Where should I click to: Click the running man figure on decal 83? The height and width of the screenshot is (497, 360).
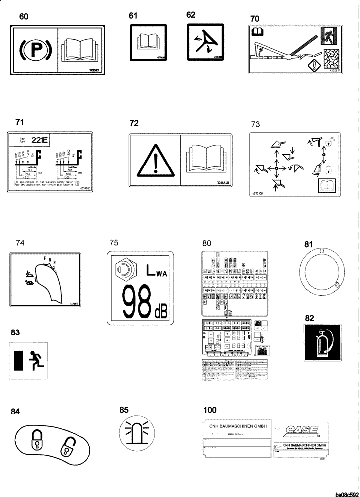[37, 359]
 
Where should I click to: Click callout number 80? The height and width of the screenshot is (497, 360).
[207, 243]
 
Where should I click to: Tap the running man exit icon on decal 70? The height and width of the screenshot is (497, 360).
[329, 35]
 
